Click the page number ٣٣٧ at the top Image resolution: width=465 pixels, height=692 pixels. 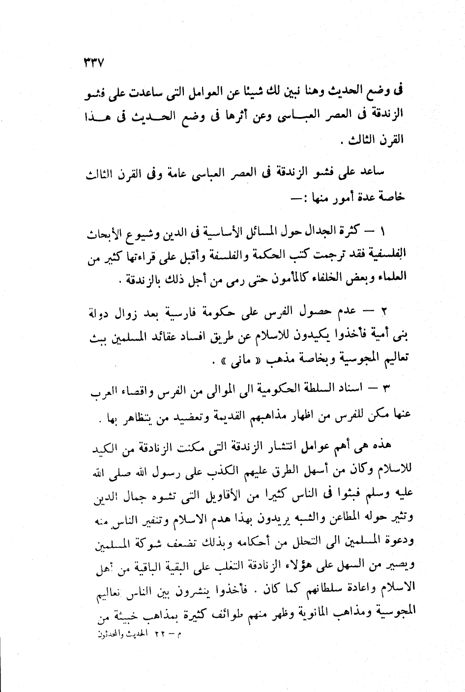click(91, 62)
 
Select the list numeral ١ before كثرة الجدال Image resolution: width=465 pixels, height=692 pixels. click(385, 230)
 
